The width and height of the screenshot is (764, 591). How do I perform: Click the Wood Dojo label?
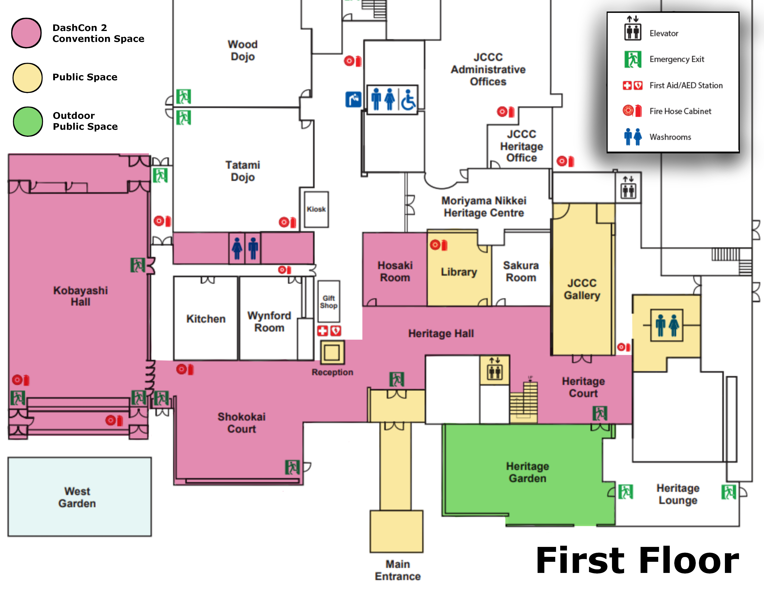pyautogui.click(x=242, y=50)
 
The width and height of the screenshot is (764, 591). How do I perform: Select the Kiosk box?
pyautogui.click(x=316, y=209)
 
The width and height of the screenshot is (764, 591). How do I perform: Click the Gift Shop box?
pyautogui.click(x=328, y=301)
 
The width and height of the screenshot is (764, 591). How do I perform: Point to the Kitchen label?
pyautogui.click(x=206, y=319)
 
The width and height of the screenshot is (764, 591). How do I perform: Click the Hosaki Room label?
pyautogui.click(x=395, y=271)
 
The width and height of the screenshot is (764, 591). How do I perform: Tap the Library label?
pyautogui.click(x=459, y=272)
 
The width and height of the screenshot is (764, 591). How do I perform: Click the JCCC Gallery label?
pyautogui.click(x=582, y=289)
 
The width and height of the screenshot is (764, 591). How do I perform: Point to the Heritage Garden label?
pyautogui.click(x=527, y=472)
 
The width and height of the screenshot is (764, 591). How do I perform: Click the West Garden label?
pyautogui.click(x=77, y=497)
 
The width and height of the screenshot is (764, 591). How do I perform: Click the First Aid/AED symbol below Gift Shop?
pyautogui.click(x=329, y=331)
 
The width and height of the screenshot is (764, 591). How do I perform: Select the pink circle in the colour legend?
pyautogui.click(x=27, y=33)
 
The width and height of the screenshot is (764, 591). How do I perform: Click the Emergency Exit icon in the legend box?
pyautogui.click(x=632, y=59)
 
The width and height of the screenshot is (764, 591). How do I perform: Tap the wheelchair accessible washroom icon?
pyautogui.click(x=408, y=100)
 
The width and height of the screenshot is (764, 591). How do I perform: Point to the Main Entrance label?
pyautogui.click(x=398, y=570)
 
